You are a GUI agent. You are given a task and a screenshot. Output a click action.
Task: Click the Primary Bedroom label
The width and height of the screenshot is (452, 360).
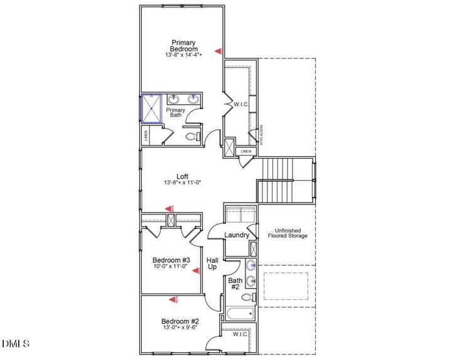coord(185,46)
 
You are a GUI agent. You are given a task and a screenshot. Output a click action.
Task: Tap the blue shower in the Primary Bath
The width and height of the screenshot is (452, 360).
coord(151,107)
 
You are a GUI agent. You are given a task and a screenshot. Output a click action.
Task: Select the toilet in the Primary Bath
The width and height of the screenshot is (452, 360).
coord(193,135)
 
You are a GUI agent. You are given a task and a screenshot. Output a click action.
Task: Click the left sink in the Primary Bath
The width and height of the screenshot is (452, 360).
coord(175,99)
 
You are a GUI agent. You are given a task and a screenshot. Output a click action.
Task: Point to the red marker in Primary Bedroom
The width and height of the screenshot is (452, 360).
coord(218,51)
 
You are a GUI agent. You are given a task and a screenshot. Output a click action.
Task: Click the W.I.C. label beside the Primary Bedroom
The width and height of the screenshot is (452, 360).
coord(242,104)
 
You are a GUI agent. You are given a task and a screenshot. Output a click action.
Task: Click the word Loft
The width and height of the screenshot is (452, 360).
coord(182,176)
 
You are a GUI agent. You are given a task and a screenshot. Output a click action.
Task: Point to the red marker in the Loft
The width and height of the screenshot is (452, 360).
coord(168,208)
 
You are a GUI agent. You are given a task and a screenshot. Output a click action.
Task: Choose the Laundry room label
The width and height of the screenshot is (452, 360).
coord(237,235)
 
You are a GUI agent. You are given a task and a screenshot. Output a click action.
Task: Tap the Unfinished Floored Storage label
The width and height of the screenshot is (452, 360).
coord(288,233)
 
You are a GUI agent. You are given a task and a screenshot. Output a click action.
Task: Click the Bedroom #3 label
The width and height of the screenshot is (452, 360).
coord(171,259)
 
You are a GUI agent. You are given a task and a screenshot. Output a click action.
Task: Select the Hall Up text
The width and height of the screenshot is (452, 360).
coord(212,263)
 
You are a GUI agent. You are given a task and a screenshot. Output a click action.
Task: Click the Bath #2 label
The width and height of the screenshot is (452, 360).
coord(234,283)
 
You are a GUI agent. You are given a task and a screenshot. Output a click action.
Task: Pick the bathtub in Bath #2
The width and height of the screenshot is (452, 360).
coord(239,314)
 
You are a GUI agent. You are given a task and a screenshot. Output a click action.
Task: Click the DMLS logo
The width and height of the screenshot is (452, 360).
coord(16,343)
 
